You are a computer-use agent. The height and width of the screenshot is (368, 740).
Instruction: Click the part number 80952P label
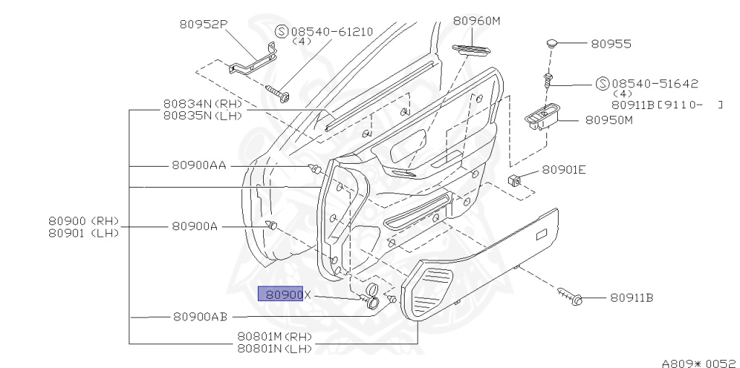coord(203,24)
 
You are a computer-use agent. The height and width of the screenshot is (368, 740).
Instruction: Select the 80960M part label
coord(476,21)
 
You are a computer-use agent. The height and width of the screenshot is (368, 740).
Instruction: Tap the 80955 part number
coord(611,44)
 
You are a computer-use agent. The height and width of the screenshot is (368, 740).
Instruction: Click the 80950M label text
coord(608,120)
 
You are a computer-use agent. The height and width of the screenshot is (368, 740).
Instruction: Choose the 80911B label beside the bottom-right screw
coord(631,297)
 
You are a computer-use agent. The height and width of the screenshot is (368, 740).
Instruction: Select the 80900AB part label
coord(200,316)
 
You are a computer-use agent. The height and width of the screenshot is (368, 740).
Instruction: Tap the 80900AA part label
coord(199,165)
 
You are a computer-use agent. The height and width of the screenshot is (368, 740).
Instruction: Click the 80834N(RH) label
coord(202,104)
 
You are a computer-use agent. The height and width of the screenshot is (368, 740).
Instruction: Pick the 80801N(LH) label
coord(274,349)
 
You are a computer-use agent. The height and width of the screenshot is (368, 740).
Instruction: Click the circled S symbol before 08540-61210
coord(282,32)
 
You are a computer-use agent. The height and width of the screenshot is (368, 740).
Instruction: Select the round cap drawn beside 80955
coord(553,43)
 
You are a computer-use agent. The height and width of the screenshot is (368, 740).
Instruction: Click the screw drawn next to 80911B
coord(572,295)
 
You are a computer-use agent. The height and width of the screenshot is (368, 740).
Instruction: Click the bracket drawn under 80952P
coord(253,61)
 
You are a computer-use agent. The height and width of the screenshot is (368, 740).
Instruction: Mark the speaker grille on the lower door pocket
coord(434,289)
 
